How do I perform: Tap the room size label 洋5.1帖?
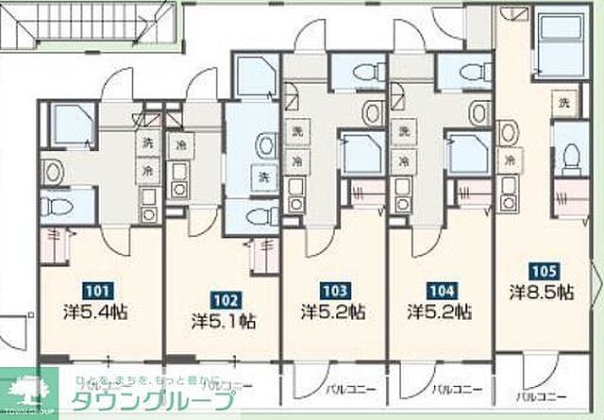(223, 320)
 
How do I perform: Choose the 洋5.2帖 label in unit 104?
(440, 311)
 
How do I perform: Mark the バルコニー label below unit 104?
(452, 387)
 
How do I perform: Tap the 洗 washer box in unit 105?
(564, 102)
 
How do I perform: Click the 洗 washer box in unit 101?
(148, 143)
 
